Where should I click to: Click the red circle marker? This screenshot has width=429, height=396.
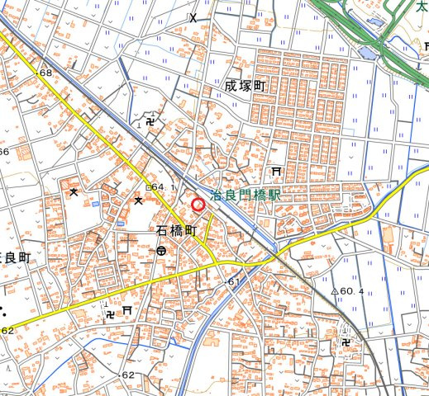click(198, 205)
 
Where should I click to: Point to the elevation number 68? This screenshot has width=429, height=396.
click(45, 73)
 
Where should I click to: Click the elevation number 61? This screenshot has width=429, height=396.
click(234, 283)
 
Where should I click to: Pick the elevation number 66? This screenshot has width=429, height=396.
click(4, 152)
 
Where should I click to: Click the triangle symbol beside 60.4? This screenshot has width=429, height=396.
click(336, 291)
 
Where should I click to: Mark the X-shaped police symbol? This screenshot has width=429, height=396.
click(193, 17)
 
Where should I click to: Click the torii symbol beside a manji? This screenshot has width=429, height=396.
click(127, 310)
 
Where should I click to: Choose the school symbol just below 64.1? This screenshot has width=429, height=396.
click(139, 199)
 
